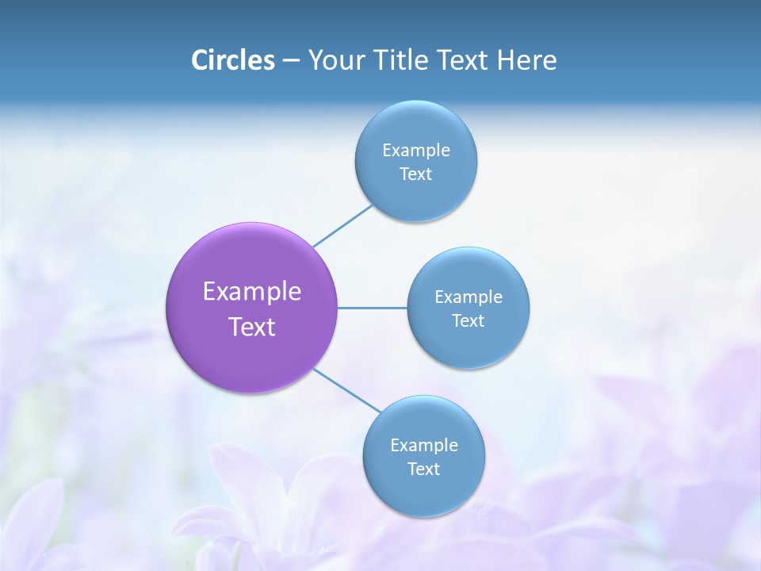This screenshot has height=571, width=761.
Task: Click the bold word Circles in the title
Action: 232,60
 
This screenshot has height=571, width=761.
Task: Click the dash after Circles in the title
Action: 291,61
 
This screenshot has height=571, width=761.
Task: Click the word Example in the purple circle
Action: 252,292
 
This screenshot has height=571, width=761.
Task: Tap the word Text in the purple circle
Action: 252,327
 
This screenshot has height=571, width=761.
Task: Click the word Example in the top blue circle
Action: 416,151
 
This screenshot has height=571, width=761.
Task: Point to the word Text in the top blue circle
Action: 416,174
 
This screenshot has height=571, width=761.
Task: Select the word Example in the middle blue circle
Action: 468,297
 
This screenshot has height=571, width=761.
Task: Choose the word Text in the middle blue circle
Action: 468,320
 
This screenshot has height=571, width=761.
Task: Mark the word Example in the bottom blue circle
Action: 424,446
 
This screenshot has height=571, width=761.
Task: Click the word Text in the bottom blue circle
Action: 424,469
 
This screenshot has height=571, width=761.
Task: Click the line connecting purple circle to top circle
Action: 342,226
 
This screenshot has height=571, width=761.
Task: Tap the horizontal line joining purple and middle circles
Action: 373,308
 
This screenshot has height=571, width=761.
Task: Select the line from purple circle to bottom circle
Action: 347,390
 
